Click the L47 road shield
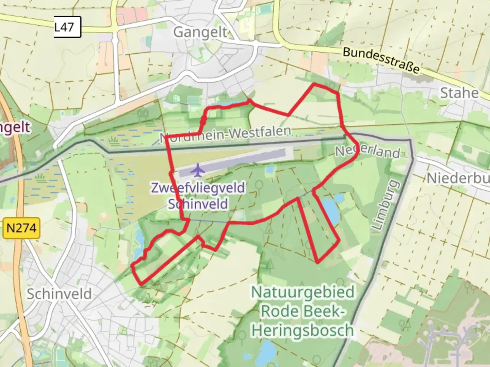(x=67, y=27)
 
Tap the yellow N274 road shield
(x=21, y=228)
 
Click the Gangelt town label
(x=200, y=33)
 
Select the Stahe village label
(x=459, y=93)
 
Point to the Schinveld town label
(x=59, y=294)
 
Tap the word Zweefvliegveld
(x=198, y=188)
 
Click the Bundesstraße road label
(x=381, y=60)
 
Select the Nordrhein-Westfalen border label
(x=226, y=134)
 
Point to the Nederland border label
(x=368, y=151)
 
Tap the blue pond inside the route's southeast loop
(x=330, y=209)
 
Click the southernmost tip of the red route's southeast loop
(x=317, y=262)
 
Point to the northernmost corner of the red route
(x=314, y=84)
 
